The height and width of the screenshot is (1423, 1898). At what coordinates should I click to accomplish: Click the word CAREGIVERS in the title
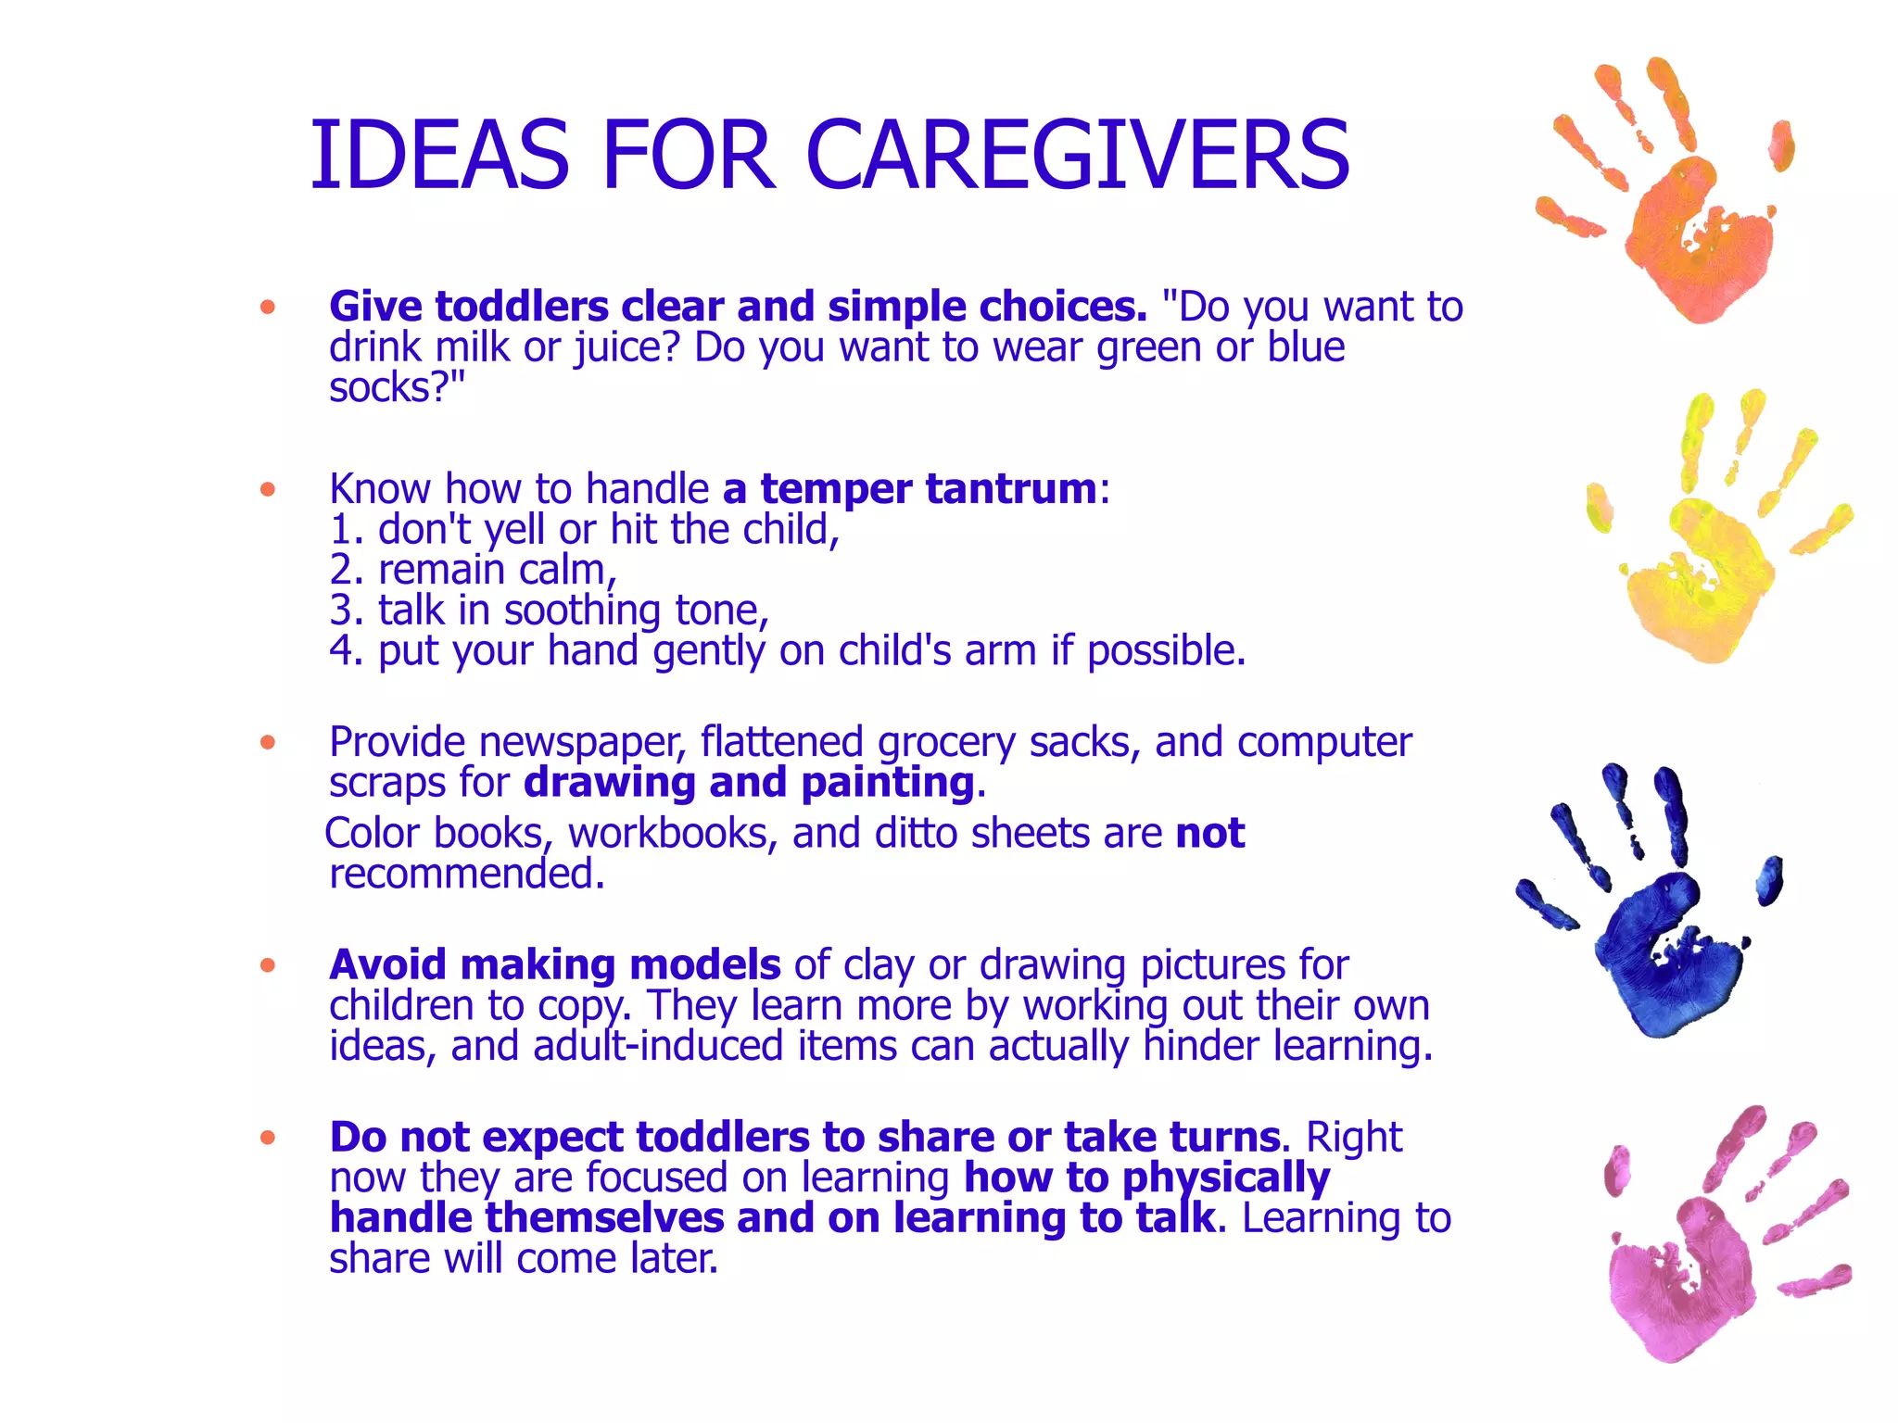(x=1077, y=156)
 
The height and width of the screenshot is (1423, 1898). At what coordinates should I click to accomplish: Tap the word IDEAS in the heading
(x=439, y=156)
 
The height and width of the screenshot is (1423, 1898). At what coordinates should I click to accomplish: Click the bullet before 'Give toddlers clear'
(x=268, y=307)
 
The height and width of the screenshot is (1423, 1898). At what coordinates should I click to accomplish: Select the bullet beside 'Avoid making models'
(x=268, y=965)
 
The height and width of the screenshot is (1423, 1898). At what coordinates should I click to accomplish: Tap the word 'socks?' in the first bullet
(x=389, y=387)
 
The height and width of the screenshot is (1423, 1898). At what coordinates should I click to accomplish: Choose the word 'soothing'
(x=582, y=611)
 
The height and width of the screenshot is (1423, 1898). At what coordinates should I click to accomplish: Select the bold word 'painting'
(x=887, y=783)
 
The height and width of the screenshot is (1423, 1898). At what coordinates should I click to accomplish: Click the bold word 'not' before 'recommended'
(x=1209, y=833)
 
